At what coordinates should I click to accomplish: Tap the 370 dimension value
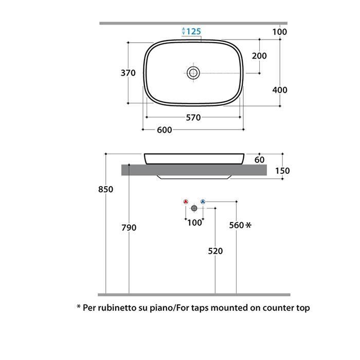[x=128, y=73]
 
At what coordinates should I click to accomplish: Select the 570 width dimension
[x=193, y=118]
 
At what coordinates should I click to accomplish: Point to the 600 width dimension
[x=165, y=130]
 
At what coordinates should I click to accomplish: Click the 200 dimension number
[x=259, y=56]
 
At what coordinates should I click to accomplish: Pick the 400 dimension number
[x=280, y=90]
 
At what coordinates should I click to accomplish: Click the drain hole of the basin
[x=193, y=73]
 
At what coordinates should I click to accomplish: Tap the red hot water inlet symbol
[x=186, y=202]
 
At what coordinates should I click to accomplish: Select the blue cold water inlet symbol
[x=203, y=202]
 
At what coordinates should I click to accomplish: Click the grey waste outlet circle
[x=194, y=208]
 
